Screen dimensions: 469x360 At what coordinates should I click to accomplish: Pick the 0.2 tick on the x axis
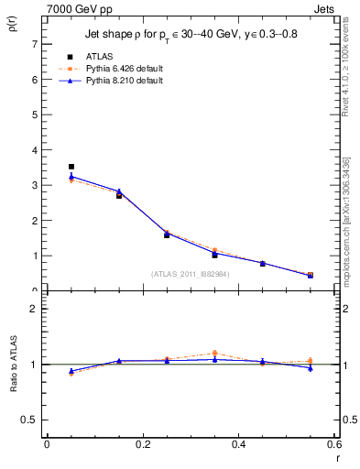(143, 444)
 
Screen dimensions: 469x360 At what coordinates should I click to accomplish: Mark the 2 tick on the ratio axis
(34, 309)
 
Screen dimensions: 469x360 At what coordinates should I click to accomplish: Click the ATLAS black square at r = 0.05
(71, 167)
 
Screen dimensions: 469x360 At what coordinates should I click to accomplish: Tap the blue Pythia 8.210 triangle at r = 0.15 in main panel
(119, 191)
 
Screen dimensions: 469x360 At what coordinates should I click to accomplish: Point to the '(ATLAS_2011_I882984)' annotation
(190, 274)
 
